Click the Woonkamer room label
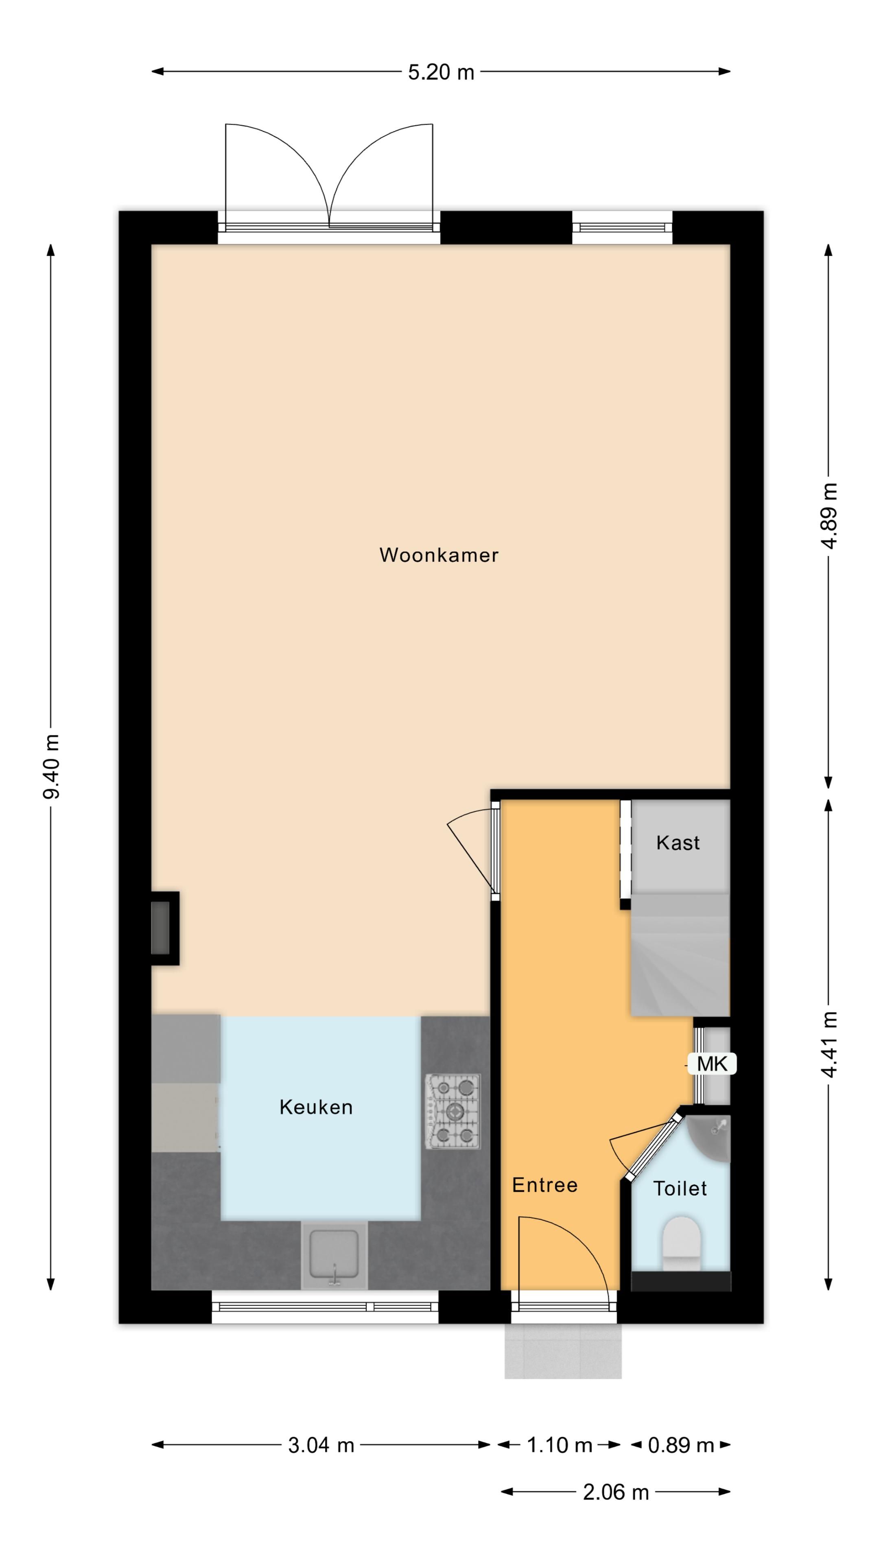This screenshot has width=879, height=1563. (439, 555)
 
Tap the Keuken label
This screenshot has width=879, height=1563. (315, 1107)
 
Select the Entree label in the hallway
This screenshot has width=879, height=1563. (545, 1185)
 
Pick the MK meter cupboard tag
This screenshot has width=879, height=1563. (712, 1064)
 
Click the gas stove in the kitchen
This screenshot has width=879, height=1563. (453, 1112)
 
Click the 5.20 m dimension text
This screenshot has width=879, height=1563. (440, 72)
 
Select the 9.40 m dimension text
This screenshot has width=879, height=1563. (52, 766)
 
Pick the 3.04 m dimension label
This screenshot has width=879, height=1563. (321, 1445)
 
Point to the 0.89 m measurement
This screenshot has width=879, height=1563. (681, 1445)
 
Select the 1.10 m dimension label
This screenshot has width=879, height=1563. (559, 1445)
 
